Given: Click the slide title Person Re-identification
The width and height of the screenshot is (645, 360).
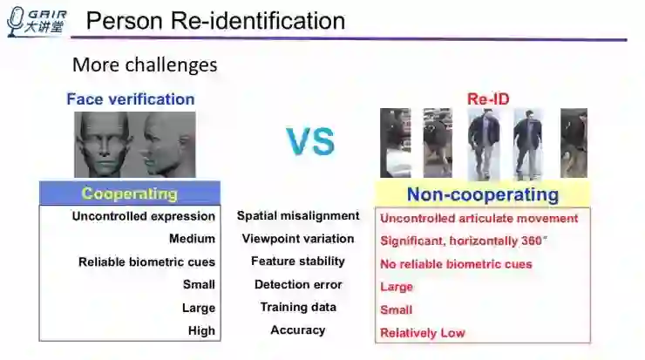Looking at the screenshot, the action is coord(216,21).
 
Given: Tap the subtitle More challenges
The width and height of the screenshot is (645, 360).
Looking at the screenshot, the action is coord(145,65).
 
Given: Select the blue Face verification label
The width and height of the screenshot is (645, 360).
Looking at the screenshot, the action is coord(131,98).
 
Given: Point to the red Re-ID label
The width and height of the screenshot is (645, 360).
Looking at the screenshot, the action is coord(488,99).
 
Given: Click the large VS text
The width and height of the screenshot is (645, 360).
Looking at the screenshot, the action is coord(310,141).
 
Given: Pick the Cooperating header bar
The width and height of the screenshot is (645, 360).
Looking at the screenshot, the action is coord(129,194).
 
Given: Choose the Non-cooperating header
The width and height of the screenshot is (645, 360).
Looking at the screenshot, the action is coord(482,194).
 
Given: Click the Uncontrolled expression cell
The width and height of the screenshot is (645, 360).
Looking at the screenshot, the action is coord(144,216).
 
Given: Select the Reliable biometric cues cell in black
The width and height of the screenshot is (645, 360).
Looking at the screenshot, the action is coord(146,262).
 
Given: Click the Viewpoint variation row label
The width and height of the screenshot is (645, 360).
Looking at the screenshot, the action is coord(298,238).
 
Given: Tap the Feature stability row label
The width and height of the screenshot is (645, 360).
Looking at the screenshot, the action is coord(298,261).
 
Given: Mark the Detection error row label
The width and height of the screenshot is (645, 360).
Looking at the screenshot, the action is coord(298,284).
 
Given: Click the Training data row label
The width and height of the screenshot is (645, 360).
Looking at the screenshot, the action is coord(298,307).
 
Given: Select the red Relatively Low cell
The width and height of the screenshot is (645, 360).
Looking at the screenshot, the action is coord(423,333).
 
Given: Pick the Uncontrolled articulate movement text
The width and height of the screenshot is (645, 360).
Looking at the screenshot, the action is coord(479,218).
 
